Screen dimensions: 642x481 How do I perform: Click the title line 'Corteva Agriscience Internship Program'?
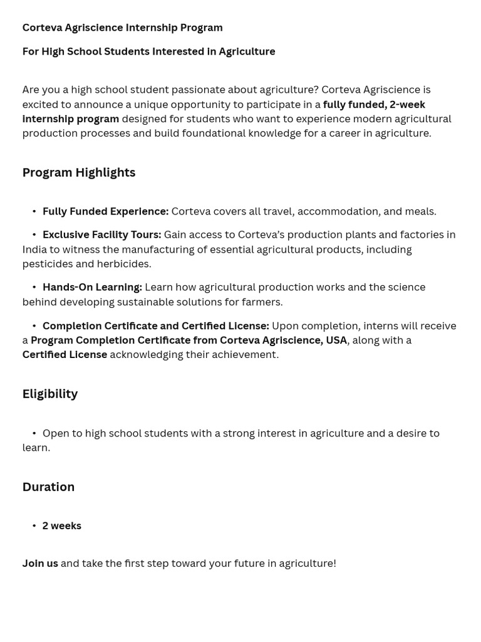point(122,28)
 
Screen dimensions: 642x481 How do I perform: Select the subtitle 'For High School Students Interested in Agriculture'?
point(148,51)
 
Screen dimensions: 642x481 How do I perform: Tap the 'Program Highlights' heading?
point(79,172)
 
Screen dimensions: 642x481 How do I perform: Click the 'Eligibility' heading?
point(50,394)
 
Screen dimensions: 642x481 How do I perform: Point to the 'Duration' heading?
point(48,487)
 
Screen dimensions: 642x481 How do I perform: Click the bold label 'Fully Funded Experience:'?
point(105,211)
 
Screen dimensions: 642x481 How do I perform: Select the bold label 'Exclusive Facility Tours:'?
point(101,234)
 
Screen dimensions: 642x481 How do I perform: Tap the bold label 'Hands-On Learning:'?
point(92,287)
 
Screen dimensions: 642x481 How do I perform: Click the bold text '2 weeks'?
point(61,525)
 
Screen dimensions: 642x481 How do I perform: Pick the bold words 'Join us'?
point(40,563)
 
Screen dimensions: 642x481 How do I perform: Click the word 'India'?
point(35,250)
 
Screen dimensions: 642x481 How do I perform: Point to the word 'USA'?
point(336,340)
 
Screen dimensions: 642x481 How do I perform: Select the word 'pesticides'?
point(47,264)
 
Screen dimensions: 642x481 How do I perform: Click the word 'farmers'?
point(262,302)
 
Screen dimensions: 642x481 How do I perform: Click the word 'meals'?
point(418,211)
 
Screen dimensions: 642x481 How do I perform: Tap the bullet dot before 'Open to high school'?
point(34,433)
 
